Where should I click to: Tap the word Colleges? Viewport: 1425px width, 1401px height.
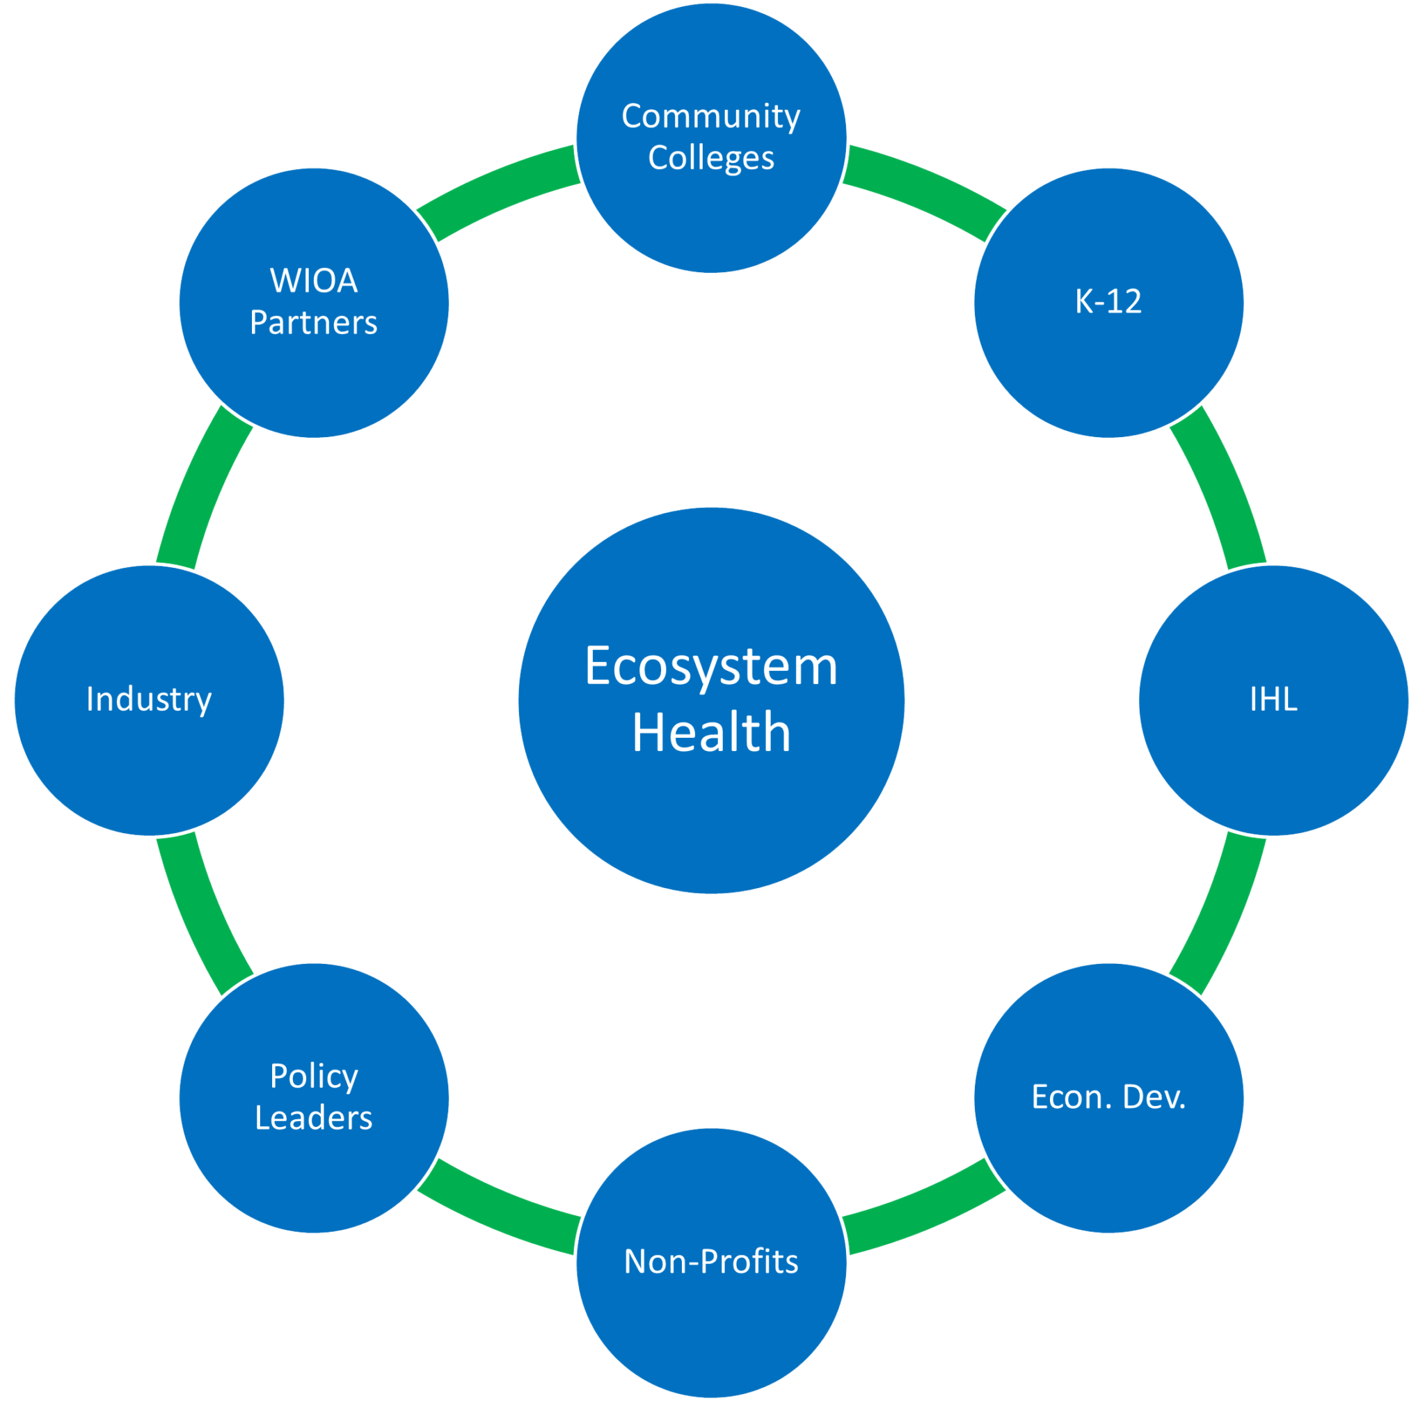point(710,158)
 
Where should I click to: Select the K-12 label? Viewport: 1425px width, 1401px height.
point(1108,301)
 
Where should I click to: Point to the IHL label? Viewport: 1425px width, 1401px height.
point(1273,699)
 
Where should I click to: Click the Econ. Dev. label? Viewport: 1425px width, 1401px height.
point(1108,1097)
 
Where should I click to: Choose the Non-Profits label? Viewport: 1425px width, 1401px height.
point(710,1262)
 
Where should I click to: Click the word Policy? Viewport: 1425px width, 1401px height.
point(314,1077)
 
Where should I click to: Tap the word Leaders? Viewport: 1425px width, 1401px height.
point(314,1118)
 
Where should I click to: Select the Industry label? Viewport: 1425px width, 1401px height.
point(150,699)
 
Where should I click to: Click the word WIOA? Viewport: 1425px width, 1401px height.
point(314,281)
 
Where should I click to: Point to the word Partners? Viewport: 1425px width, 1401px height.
point(314,323)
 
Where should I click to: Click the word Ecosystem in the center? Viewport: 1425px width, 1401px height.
point(710,667)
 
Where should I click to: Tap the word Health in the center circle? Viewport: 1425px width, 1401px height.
point(710,733)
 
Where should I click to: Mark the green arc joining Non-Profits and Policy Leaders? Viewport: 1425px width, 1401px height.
point(499,1208)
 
